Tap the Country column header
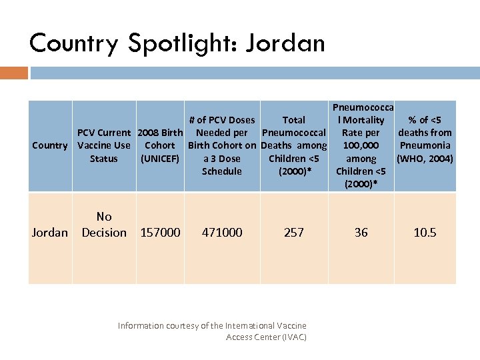pos(50,145)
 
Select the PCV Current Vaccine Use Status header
pos(104,145)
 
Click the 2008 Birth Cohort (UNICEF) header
pos(160,145)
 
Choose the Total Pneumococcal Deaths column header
pos(294,145)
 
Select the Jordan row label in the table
pos(50,233)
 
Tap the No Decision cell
pos(104,225)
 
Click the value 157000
pos(160,233)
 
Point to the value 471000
pos(222,233)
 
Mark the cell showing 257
pos(294,233)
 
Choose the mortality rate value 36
pos(361,233)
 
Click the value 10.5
pos(425,233)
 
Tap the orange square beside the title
pos(14,72)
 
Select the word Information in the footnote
pos(141,325)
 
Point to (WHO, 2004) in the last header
pos(425,159)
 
